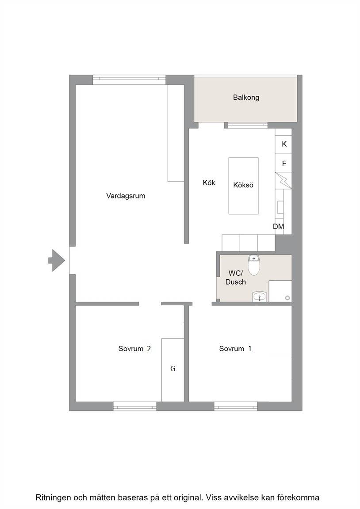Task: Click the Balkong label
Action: pyautogui.click(x=246, y=97)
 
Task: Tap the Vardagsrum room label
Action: pyautogui.click(x=126, y=196)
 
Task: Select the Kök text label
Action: pyautogui.click(x=209, y=183)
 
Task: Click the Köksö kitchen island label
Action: pyautogui.click(x=243, y=185)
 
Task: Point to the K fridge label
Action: pyautogui.click(x=284, y=144)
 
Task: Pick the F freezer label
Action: pyautogui.click(x=284, y=163)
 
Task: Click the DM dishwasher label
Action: pyautogui.click(x=279, y=227)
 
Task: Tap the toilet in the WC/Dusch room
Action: pyautogui.click(x=254, y=265)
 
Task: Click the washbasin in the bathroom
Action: pyautogui.click(x=259, y=296)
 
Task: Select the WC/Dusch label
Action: pyautogui.click(x=236, y=278)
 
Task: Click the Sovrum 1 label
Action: pyautogui.click(x=236, y=349)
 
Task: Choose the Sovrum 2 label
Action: pyautogui.click(x=134, y=349)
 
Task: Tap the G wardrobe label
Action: pyautogui.click(x=173, y=368)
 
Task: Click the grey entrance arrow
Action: pyautogui.click(x=57, y=260)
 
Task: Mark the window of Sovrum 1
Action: pyautogui.click(x=236, y=406)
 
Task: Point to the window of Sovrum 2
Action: pyautogui.click(x=135, y=406)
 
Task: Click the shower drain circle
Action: pyautogui.click(x=287, y=298)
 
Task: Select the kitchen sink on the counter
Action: pyautogui.click(x=280, y=207)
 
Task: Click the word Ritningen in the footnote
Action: pyautogui.click(x=53, y=498)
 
